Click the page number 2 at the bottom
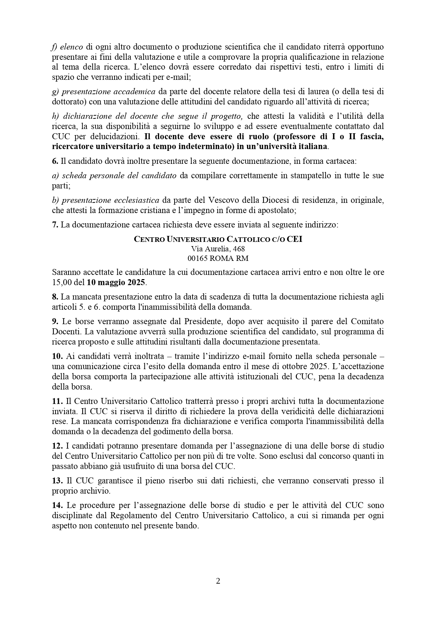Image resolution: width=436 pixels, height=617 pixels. [x=218, y=581]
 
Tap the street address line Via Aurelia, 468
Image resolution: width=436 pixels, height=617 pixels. [x=218, y=249]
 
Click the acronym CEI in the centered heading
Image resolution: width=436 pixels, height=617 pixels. [x=294, y=239]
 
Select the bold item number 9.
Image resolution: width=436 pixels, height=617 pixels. [x=55, y=321]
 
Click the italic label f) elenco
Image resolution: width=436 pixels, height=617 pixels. [x=67, y=47]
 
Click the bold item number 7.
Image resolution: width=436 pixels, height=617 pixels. [x=55, y=225]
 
